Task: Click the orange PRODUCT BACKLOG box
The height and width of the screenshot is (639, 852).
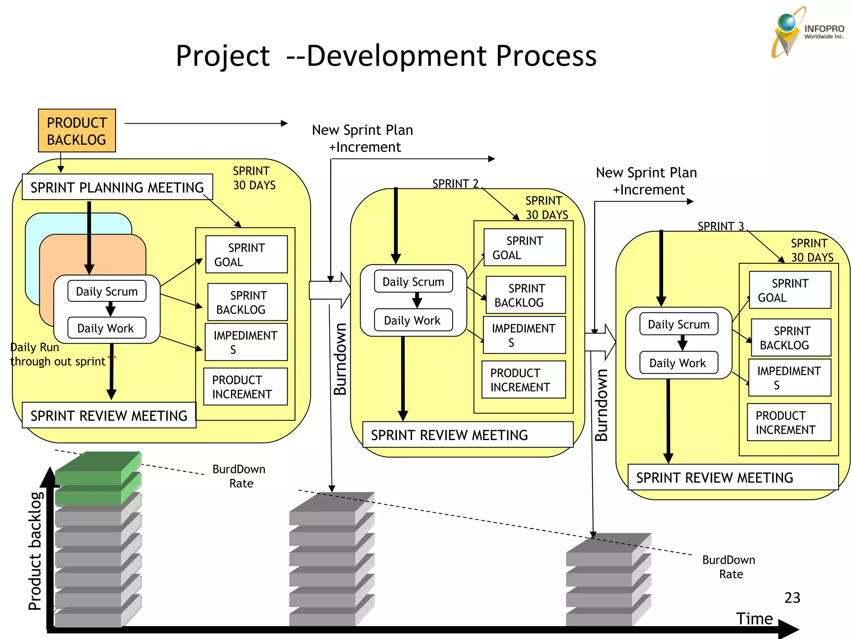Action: [77, 131]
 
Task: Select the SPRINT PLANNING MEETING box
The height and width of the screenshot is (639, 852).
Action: [117, 187]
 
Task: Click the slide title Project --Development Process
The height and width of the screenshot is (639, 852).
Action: [386, 56]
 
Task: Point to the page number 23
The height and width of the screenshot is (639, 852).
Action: [792, 598]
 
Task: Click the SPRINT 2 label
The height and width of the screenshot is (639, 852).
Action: [455, 183]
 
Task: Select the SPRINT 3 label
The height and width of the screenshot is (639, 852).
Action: [721, 226]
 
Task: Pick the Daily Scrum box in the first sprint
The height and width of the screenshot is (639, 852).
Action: [106, 291]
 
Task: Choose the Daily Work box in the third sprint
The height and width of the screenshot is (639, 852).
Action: [678, 363]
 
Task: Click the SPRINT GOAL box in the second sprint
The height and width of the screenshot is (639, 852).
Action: [524, 248]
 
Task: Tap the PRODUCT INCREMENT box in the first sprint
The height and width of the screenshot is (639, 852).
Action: [245, 386]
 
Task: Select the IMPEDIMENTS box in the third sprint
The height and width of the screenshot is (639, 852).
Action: [789, 378]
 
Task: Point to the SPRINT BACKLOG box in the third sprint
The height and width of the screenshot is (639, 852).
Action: [790, 338]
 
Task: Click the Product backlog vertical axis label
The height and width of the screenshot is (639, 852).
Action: [35, 551]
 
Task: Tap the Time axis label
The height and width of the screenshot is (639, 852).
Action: [754, 619]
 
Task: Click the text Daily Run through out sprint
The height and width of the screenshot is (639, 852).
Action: [58, 354]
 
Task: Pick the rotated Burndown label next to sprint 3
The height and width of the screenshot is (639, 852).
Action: [602, 404]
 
